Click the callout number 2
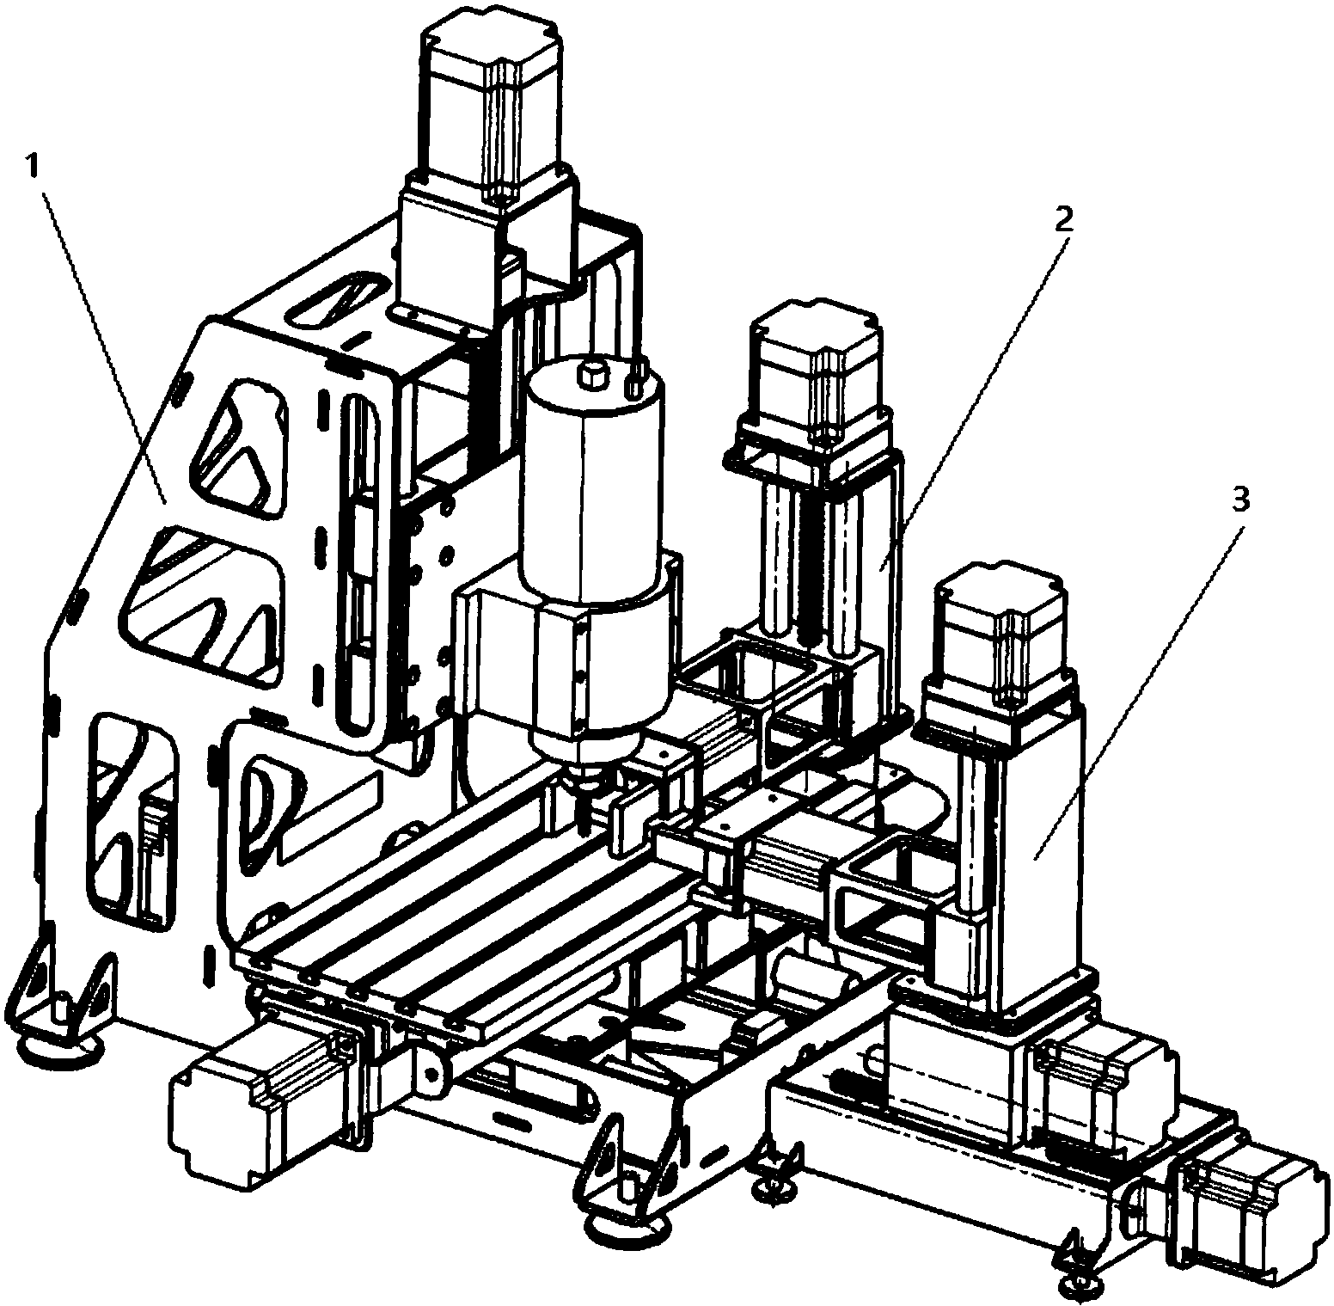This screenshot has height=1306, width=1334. click(x=1063, y=220)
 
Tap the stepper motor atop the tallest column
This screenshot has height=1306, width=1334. click(x=491, y=103)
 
